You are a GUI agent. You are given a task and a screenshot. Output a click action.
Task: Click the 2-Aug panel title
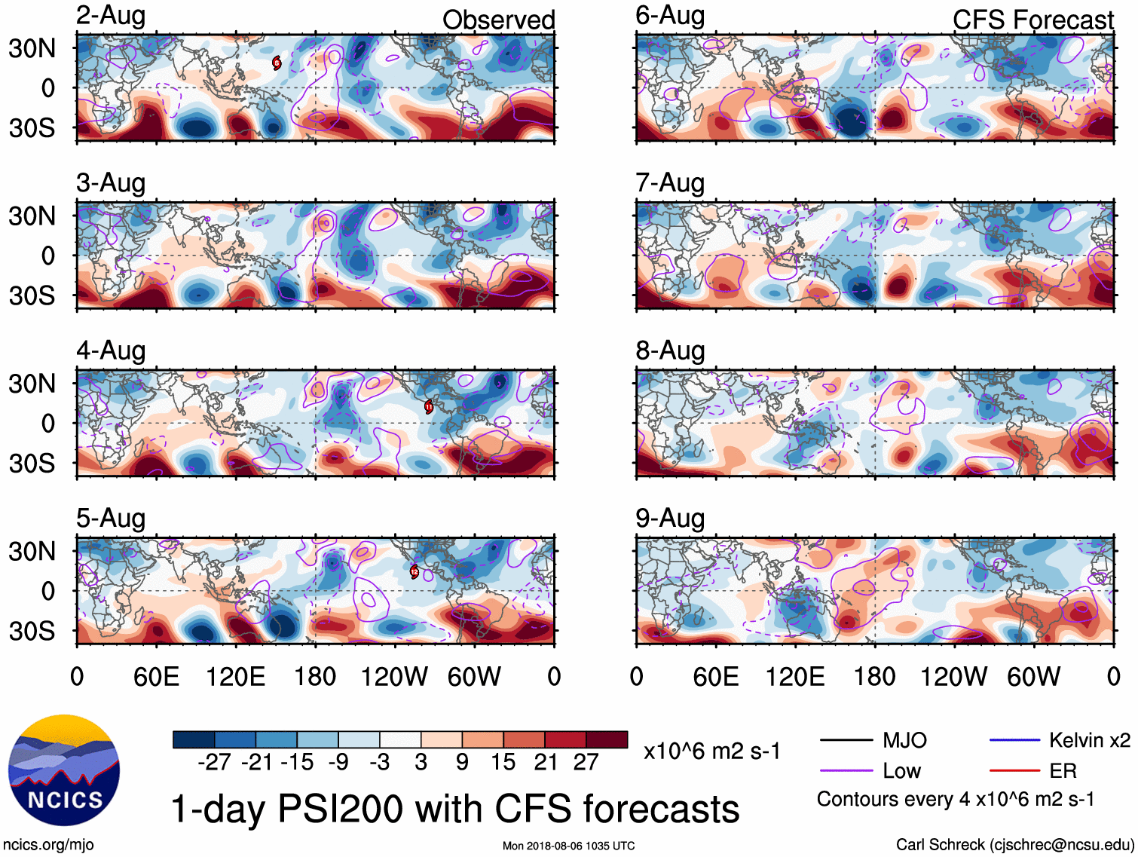point(111,16)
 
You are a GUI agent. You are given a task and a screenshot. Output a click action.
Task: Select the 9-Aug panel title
point(670,519)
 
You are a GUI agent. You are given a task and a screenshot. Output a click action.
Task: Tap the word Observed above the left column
point(498,20)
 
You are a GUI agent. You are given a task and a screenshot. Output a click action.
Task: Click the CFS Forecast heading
point(1032,20)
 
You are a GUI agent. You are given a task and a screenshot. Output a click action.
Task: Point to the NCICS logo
point(64,770)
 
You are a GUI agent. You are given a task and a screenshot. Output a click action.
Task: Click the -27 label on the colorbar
point(214,763)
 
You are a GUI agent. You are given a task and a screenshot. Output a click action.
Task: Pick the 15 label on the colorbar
point(503,763)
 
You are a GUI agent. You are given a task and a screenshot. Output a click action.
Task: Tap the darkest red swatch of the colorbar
point(607,739)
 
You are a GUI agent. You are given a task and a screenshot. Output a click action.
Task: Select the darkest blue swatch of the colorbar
point(194,739)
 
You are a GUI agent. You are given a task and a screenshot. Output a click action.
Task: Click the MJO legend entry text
point(904,740)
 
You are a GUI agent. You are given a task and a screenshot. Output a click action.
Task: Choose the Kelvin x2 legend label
point(1089,740)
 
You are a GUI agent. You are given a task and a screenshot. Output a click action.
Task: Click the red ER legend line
point(1014,770)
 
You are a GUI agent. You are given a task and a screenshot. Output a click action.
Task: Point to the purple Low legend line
point(846,770)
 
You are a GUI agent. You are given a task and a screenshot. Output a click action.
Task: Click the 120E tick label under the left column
point(236,677)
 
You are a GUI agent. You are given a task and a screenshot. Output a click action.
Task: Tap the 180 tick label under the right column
point(874,677)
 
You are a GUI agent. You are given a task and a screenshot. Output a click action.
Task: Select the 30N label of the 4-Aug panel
point(32,384)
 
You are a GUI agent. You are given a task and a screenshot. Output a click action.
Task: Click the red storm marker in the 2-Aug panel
point(277,63)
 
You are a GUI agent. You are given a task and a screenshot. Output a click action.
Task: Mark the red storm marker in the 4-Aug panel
point(429,407)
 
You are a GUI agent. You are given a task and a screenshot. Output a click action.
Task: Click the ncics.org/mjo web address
point(48,844)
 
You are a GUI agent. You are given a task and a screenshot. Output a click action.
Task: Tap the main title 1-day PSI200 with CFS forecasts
point(455,809)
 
